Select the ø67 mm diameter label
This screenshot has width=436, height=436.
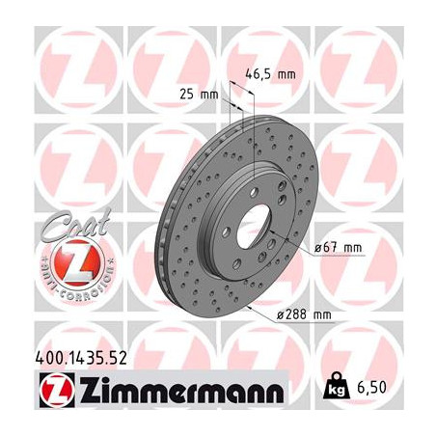[338, 248]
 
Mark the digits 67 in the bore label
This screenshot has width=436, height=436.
[334, 248]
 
